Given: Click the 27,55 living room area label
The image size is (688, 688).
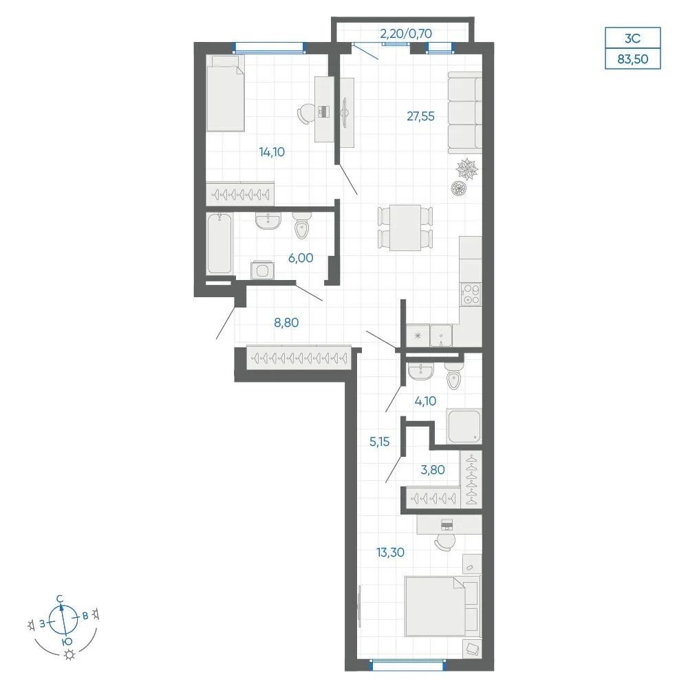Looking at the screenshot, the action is pos(420,116).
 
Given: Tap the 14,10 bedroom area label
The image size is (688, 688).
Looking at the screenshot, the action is pos(272,152).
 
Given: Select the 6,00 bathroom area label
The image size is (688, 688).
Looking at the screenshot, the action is pos(301,258).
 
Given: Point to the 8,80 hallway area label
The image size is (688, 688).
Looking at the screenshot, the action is pos(286,323).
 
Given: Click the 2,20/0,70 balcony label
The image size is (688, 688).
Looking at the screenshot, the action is pos(406,34).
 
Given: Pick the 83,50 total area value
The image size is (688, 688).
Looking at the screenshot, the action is pos(633,58).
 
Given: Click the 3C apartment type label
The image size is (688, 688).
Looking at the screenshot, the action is pos(633,38).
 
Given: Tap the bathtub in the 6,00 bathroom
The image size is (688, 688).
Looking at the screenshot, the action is pos(219,244).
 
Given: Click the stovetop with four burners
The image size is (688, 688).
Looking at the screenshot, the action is pos(471,294).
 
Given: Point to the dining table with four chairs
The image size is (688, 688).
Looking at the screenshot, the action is pos(405,228).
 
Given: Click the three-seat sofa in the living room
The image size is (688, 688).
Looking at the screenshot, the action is pos(465,113).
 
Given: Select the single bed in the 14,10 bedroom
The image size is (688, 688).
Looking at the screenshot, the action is pos(225,93).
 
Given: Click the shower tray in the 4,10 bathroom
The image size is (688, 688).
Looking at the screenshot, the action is pos(464,426).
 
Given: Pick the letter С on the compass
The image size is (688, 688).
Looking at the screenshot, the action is pos(60,599).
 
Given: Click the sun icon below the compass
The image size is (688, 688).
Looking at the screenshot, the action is pos(69,655).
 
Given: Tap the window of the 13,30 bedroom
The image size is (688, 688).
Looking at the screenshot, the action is pos(408,665).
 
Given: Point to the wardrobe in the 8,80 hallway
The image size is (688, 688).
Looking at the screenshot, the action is pos(299,358).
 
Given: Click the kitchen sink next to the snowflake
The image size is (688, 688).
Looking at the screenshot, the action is pos(441,336).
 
